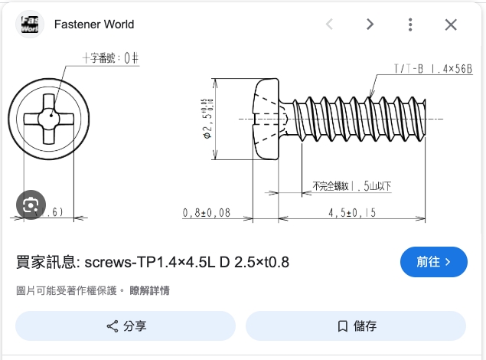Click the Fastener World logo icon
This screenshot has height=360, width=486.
30,24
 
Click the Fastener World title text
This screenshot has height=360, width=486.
94,24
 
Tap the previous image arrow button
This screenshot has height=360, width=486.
330,25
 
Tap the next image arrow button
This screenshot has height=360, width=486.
370,25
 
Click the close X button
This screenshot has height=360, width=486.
451,25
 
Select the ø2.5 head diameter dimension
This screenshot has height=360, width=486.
207,119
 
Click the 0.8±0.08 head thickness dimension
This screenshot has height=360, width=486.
207,212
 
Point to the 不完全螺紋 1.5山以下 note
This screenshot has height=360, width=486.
352,186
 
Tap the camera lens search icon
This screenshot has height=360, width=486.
31,205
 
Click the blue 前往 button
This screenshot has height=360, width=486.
433,262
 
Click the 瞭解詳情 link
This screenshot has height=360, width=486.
149,290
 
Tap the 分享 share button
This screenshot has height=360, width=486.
126,326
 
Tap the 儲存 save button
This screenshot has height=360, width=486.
356,326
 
